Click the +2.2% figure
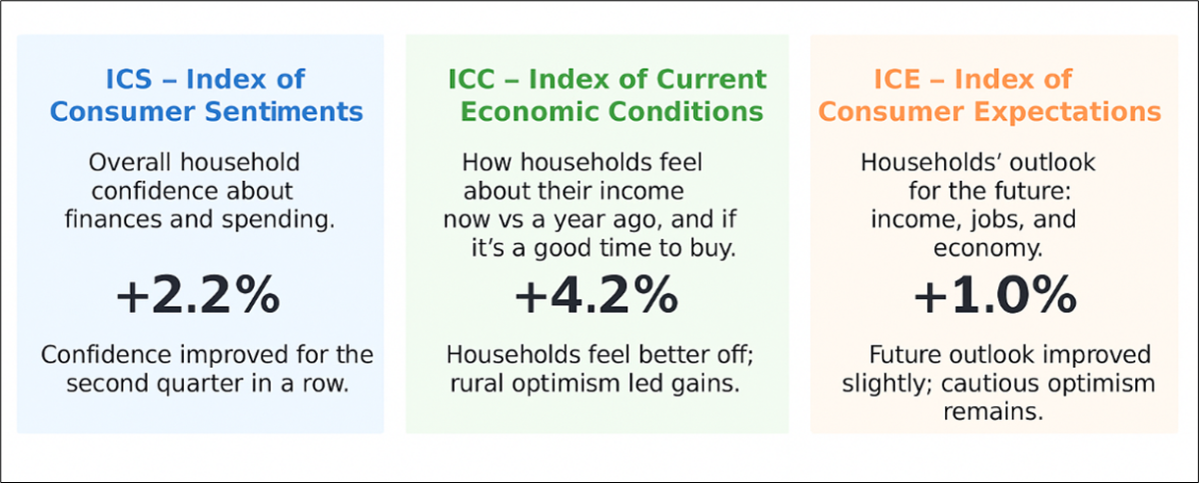coord(198,295)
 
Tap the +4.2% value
coord(597,295)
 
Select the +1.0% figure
coord(995,295)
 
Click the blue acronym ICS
coord(129,79)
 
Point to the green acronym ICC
coord(471,79)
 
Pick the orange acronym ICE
coord(897,79)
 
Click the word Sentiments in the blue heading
coord(284,112)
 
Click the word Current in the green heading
coord(711,79)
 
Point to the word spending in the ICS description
coord(279,220)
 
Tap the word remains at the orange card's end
coord(993,412)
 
